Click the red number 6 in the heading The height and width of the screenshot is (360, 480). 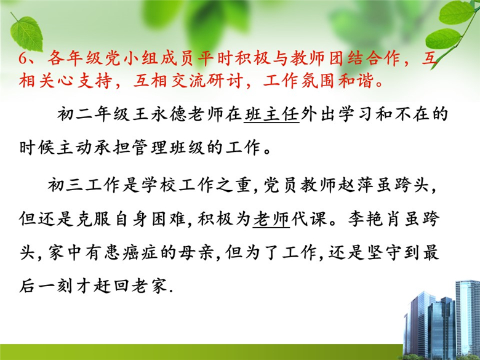tap(23, 58)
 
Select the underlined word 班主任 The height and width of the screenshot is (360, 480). tap(271, 114)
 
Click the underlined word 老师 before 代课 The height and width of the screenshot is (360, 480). tap(271, 219)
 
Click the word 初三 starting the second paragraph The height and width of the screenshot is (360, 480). tap(66, 185)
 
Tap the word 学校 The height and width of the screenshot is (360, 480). tap(159, 185)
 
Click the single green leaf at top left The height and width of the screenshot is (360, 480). tap(27, 34)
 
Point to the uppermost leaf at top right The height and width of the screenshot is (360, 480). tap(456, 12)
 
